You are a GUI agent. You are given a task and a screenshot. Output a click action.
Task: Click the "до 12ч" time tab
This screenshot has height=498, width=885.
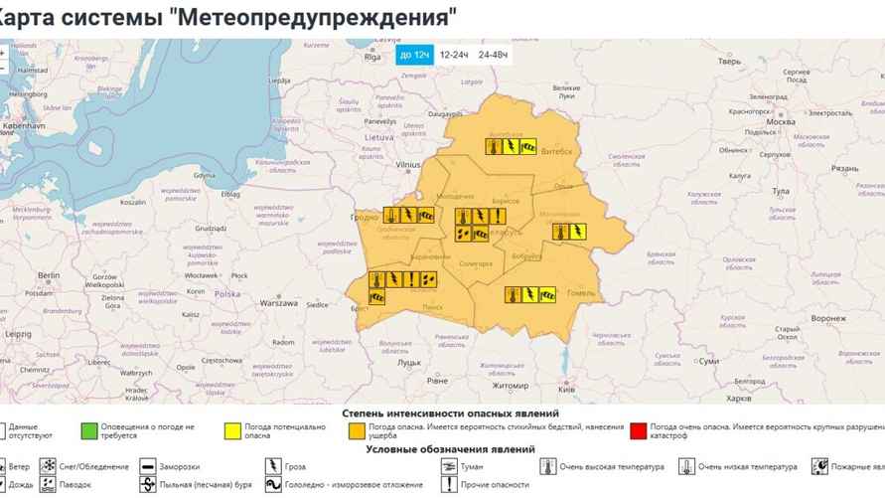point(414,55)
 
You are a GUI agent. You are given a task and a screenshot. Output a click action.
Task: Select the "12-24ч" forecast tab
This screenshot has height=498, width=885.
point(454,55)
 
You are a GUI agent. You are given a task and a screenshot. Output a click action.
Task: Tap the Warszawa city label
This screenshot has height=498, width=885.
point(279,302)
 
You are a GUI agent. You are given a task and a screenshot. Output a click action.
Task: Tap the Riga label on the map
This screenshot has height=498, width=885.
point(372,58)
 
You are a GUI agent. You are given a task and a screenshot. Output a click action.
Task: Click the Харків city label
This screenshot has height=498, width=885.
point(739,398)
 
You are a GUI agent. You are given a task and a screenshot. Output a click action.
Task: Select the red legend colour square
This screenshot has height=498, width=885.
point(638,430)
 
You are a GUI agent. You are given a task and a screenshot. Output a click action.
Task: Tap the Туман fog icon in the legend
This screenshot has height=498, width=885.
point(449,465)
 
